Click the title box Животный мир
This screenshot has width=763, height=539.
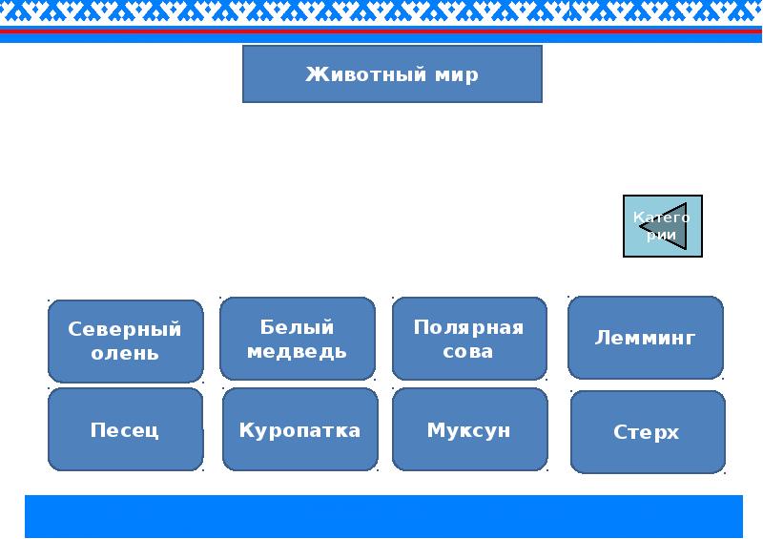tap(392, 74)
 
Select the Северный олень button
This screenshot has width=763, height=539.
tap(126, 342)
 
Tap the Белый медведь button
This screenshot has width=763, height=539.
tap(298, 339)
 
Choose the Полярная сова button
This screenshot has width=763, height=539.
tap(469, 339)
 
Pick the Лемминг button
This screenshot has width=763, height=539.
tap(646, 338)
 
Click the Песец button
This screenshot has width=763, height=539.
tap(126, 429)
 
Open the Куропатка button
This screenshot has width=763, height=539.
tap(300, 429)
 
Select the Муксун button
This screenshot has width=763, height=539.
tap(469, 429)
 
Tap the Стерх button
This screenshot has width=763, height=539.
tap(648, 432)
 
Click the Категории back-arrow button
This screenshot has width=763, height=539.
tap(663, 226)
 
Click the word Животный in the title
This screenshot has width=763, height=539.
tap(366, 74)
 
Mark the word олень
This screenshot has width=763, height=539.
tap(125, 353)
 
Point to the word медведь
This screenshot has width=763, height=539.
tap(297, 351)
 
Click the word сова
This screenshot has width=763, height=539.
tap(467, 351)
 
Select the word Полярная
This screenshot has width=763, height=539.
tap(468, 328)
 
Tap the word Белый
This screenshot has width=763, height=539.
tap(297, 326)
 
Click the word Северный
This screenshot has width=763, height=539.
tap(125, 330)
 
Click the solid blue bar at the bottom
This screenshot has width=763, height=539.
tap(384, 517)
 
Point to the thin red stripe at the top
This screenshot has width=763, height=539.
tap(381, 31)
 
